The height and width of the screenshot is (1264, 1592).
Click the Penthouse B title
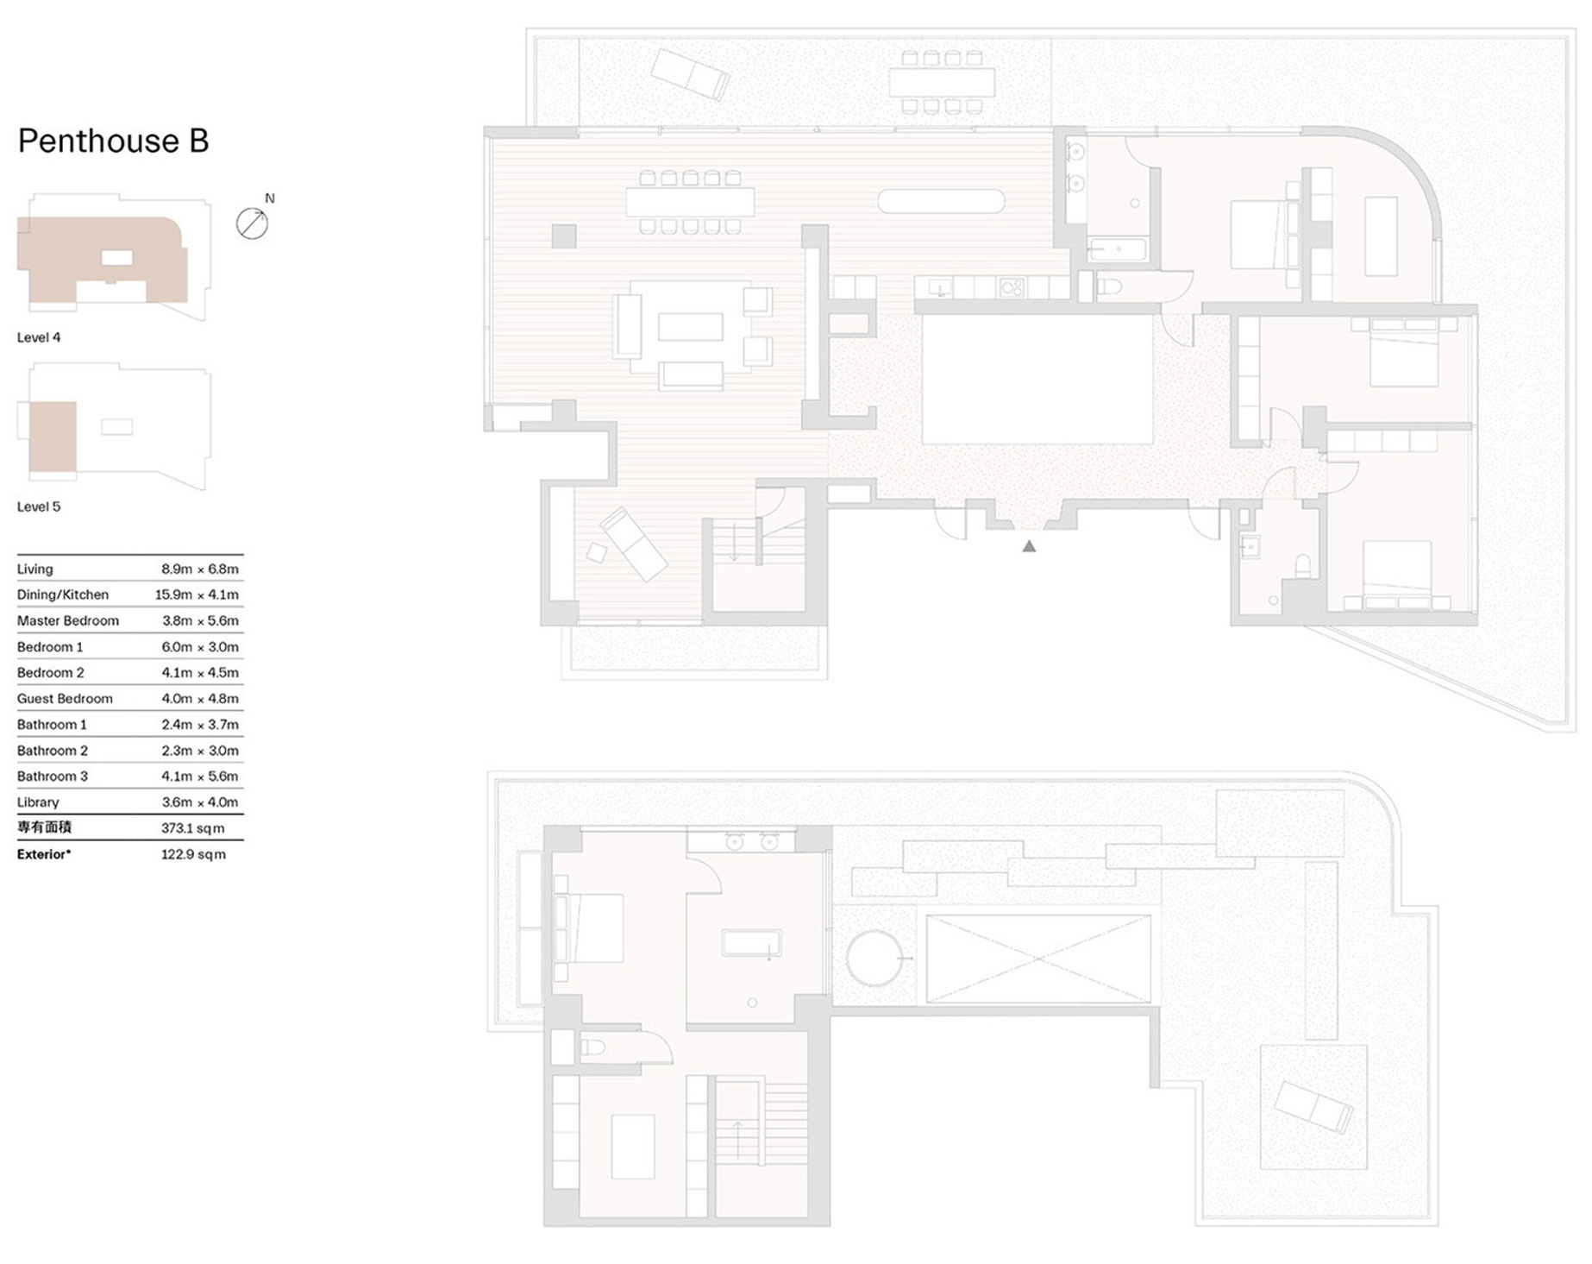coord(113,141)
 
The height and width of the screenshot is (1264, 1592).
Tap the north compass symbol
coord(252,223)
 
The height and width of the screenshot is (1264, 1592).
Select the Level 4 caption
coord(39,337)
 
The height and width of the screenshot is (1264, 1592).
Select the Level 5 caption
coord(39,506)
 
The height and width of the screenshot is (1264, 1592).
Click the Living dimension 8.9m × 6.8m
coord(200,569)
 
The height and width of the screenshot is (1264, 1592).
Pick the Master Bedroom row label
coord(68,620)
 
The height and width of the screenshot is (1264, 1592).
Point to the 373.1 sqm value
coord(192,828)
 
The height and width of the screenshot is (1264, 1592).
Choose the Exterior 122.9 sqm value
coord(193,854)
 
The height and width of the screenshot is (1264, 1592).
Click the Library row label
coord(38,802)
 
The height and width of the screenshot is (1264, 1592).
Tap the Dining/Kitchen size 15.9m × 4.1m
coord(197,594)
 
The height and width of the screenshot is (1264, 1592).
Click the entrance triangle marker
coord(1029,546)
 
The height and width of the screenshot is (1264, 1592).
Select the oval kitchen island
coord(941,201)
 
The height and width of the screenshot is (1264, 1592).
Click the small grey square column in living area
coord(564,236)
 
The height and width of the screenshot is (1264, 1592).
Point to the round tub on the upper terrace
coord(874,958)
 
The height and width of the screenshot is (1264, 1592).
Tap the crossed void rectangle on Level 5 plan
coord(1038,959)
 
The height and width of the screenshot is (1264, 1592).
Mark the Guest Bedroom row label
coord(65,699)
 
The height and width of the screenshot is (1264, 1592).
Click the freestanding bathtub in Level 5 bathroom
coord(751,943)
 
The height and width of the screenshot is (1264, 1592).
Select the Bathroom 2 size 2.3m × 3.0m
coord(200,751)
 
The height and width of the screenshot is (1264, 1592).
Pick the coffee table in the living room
coord(691,327)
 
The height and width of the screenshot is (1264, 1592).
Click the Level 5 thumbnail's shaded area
coord(53,437)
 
